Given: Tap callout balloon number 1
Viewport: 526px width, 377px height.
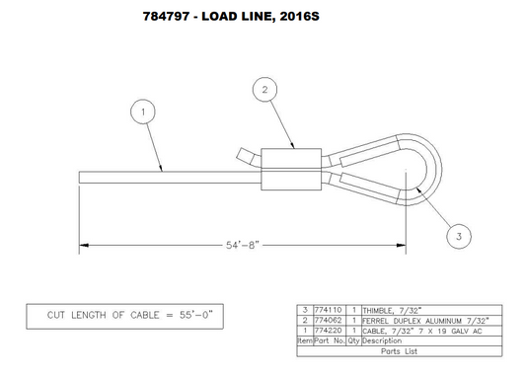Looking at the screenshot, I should tap(144, 113).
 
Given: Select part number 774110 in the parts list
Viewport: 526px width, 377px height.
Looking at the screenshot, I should tap(330, 310).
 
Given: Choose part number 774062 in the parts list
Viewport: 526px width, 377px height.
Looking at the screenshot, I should tap(330, 320).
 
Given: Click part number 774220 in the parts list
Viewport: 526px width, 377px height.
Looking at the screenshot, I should tap(330, 330).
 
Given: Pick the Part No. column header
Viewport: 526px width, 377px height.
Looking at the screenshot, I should tap(330, 339).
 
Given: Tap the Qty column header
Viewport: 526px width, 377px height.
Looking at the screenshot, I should tap(353, 339).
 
